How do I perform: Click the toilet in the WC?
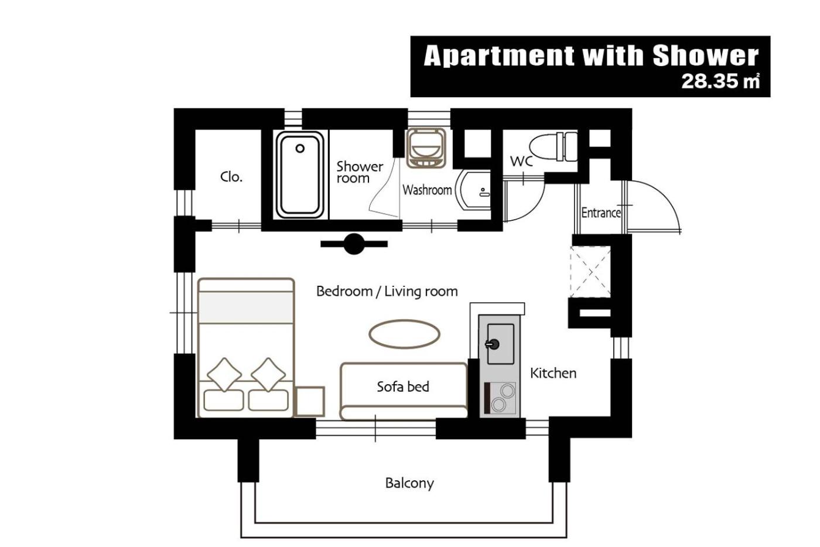tap(553, 147)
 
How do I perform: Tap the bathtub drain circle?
tap(300, 149)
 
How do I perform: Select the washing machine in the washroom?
tap(426, 148)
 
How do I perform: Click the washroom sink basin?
tap(473, 190)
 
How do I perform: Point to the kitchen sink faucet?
tap(493, 344)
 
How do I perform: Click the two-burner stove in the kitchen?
tap(500, 398)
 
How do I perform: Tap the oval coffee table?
tap(405, 334)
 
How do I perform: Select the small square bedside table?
tap(310, 402)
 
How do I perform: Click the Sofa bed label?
tap(403, 387)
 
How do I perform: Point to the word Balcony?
tap(409, 483)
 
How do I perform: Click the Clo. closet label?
tap(231, 177)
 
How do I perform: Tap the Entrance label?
tap(601, 213)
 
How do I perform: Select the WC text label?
tap(521, 161)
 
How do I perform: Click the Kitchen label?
tap(553, 373)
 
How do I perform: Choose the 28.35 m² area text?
tap(720, 81)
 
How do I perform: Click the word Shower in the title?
tap(706, 56)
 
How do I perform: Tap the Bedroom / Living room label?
tap(387, 292)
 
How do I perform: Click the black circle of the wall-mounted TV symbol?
tap(354, 244)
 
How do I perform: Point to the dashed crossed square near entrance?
tap(590, 272)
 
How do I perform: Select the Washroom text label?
tap(427, 190)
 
